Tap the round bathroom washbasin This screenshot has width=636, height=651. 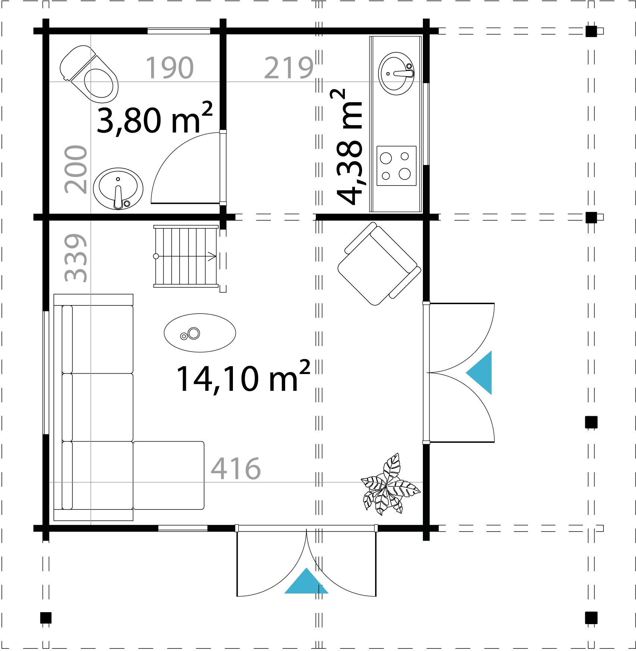pyautogui.click(x=118, y=189)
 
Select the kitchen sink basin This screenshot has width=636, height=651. pyautogui.click(x=396, y=73)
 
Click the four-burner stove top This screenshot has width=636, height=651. pyautogui.click(x=396, y=166)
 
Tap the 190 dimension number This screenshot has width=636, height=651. pyautogui.click(x=169, y=68)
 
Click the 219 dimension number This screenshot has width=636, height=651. pyautogui.click(x=289, y=68)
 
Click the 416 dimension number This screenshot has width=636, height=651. pyautogui.click(x=236, y=468)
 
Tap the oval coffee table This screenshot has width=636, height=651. pyautogui.click(x=200, y=333)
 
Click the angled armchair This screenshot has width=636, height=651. pyautogui.click(x=379, y=264)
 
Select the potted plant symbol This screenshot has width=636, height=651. pyautogui.click(x=388, y=485)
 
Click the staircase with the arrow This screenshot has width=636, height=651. pyautogui.click(x=186, y=256)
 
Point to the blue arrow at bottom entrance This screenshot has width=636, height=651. pyautogui.click(x=306, y=582)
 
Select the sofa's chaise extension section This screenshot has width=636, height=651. pyautogui.click(x=169, y=475)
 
